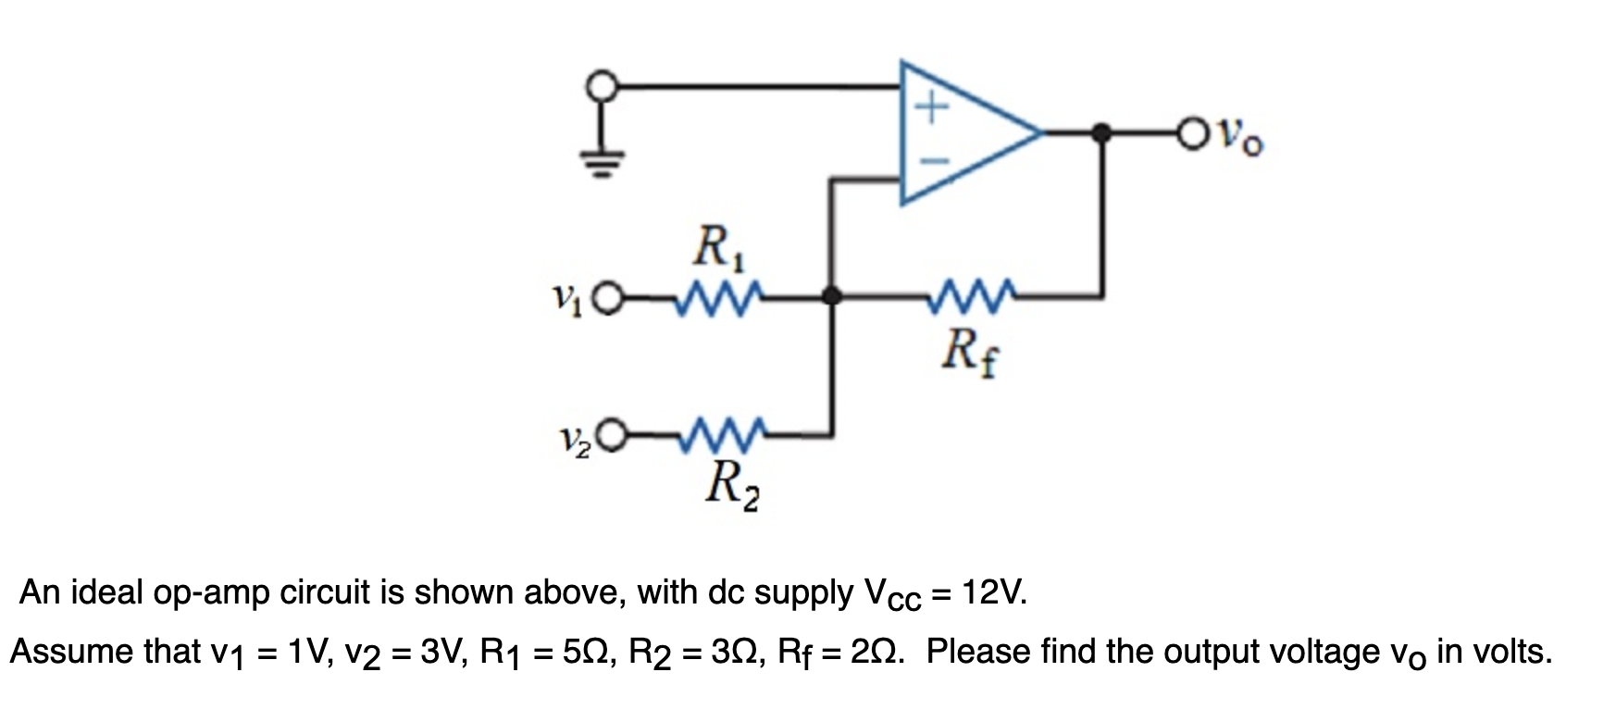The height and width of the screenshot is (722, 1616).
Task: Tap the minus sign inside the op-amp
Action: [x=933, y=159]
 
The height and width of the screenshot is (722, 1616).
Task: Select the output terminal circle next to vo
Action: [x=1193, y=133]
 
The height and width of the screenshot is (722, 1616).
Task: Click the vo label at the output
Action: [x=1237, y=139]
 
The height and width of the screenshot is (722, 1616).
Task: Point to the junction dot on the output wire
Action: [x=1101, y=133]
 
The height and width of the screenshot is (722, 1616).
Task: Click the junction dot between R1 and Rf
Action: [x=832, y=296]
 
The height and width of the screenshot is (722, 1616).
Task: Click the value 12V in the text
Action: [x=994, y=591]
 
